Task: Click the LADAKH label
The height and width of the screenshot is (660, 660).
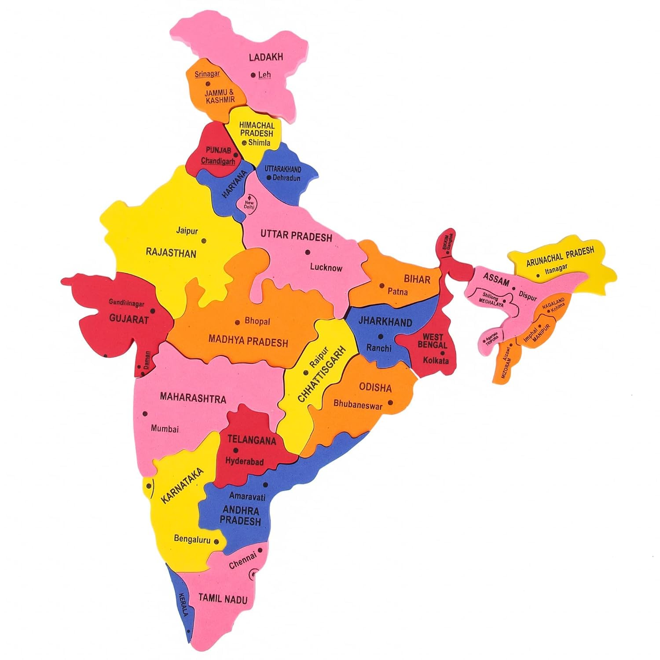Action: coord(266,57)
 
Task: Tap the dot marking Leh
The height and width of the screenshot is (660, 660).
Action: coord(253,75)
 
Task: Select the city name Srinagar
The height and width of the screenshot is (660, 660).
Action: coord(207,74)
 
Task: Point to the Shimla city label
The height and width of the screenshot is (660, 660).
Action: coord(260,143)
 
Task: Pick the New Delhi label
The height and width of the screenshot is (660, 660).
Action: coord(249,205)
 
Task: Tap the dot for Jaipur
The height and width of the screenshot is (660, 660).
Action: coord(203,241)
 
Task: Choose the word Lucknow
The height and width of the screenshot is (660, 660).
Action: coord(326,267)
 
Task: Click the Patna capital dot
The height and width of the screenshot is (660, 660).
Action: coord(381,286)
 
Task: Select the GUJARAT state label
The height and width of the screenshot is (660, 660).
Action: coord(129,319)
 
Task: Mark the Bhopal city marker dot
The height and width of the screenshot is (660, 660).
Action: coord(238,322)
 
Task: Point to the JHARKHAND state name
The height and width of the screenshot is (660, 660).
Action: coord(385,322)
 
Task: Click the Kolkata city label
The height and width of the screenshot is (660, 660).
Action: coord(436,360)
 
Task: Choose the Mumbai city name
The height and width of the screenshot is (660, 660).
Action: coord(165,428)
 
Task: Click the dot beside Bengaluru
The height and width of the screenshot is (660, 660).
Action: coord(216,542)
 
